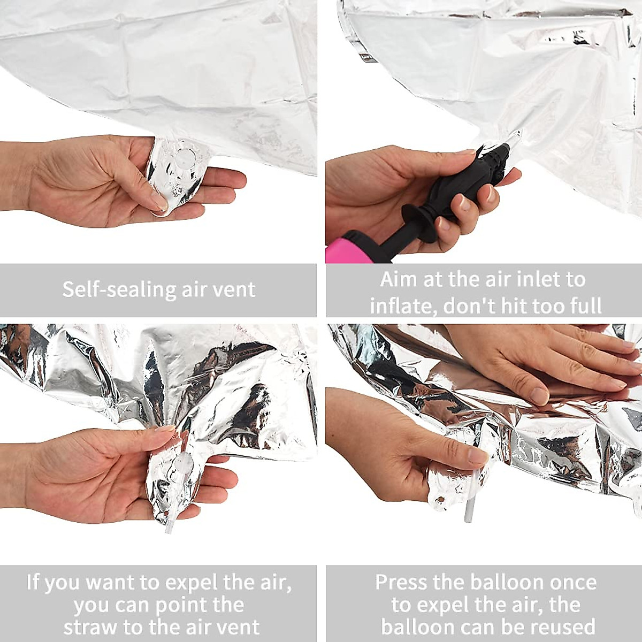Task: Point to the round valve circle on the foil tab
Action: (185, 156)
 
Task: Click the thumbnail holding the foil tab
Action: (158, 201)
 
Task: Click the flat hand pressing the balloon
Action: (540, 364)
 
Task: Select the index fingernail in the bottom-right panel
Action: (477, 456)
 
